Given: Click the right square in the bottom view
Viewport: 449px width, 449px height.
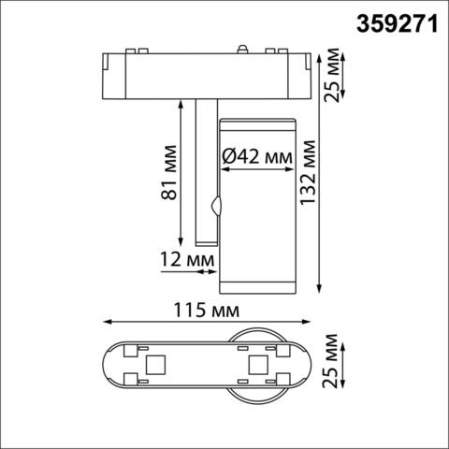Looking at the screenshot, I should (257, 363).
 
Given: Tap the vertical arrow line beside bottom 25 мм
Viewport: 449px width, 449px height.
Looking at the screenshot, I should (348, 363).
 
